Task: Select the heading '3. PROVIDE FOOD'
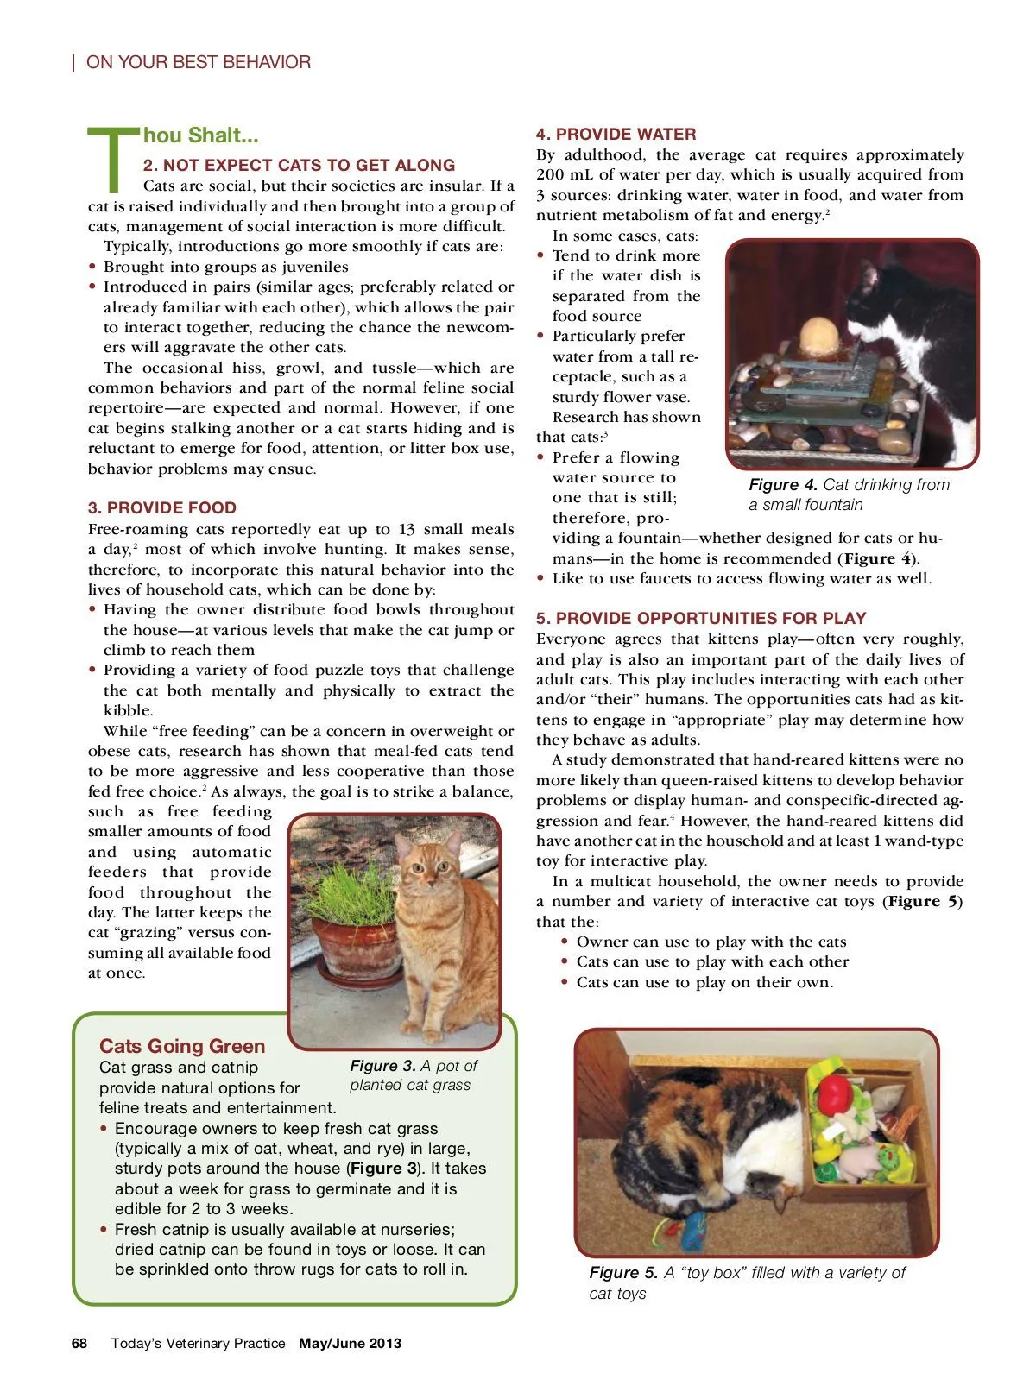click(161, 508)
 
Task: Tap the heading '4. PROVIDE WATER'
click(616, 135)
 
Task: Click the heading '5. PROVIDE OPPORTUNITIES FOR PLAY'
click(700, 618)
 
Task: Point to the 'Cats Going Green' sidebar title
click(182, 1046)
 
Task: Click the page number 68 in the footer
click(79, 1343)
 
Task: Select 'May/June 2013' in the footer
click(350, 1343)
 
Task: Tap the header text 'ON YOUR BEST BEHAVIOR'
click(199, 62)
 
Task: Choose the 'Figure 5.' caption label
click(623, 1272)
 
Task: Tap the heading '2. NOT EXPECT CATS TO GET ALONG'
click(299, 165)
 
